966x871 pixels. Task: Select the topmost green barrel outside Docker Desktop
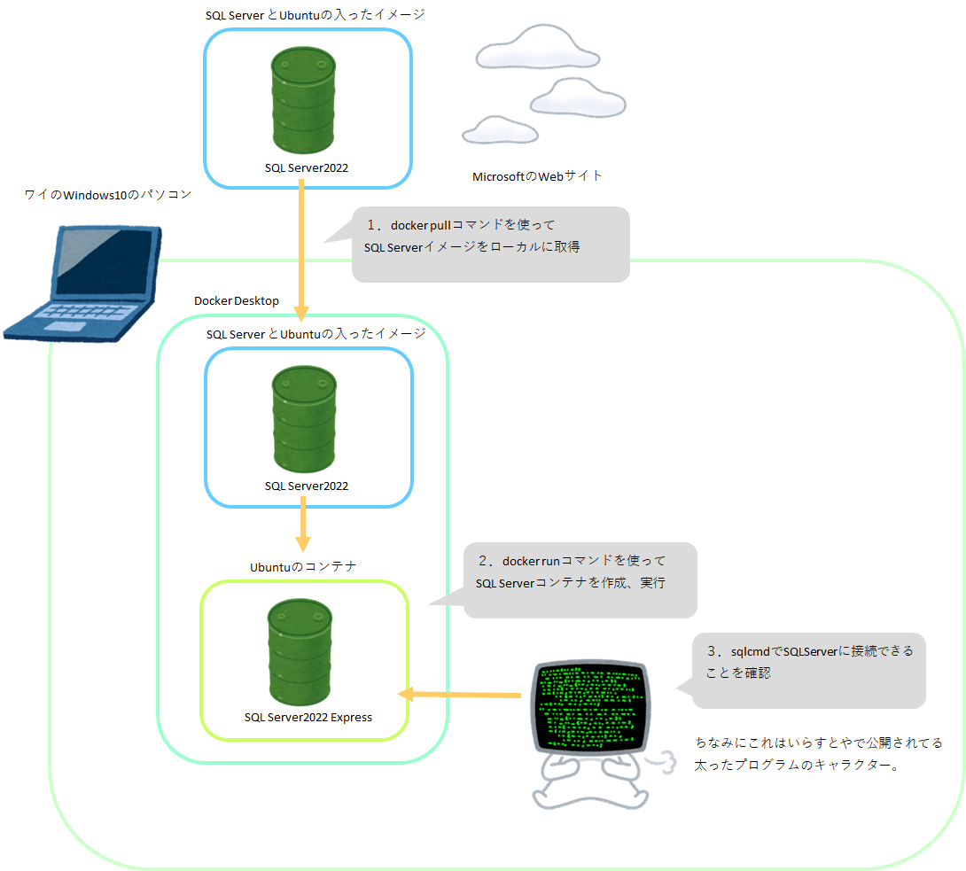(x=303, y=99)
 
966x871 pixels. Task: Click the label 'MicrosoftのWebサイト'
(x=537, y=176)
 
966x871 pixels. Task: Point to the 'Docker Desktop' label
(x=237, y=301)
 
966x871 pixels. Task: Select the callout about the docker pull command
(x=490, y=245)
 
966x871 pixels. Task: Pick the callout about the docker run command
(x=580, y=580)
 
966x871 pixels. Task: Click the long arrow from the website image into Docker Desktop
(x=301, y=248)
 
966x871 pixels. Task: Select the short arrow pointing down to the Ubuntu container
(x=302, y=523)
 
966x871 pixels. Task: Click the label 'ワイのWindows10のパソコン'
(x=107, y=195)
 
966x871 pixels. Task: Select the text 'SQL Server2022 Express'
(x=308, y=717)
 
